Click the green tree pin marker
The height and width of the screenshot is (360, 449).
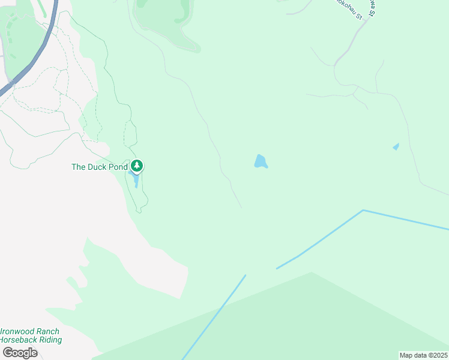pos(137,165)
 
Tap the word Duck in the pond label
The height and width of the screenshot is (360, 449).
pos(98,167)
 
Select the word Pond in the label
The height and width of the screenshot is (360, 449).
pos(118,167)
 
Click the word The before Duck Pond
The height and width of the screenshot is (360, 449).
pos(79,167)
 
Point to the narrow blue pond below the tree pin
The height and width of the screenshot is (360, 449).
pos(136,179)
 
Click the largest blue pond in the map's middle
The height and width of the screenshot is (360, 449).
pos(260,161)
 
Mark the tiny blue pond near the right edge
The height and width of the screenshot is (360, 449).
pos(396,146)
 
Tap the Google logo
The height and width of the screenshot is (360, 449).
pos(20,352)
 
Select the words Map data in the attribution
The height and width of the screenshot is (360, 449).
pos(414,355)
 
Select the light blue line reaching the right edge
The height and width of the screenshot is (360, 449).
pos(408,220)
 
